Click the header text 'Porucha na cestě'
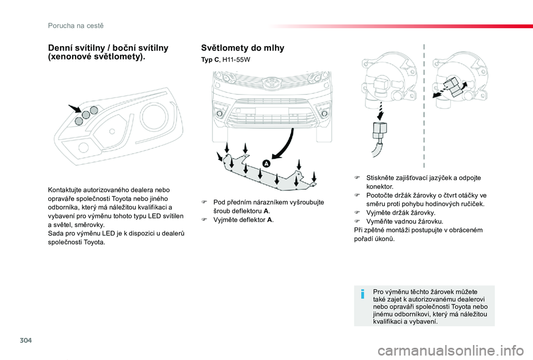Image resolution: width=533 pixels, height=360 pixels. [76, 26]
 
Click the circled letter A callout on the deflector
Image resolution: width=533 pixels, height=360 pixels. [266, 164]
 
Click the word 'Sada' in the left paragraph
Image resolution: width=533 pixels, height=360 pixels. [56, 234]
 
